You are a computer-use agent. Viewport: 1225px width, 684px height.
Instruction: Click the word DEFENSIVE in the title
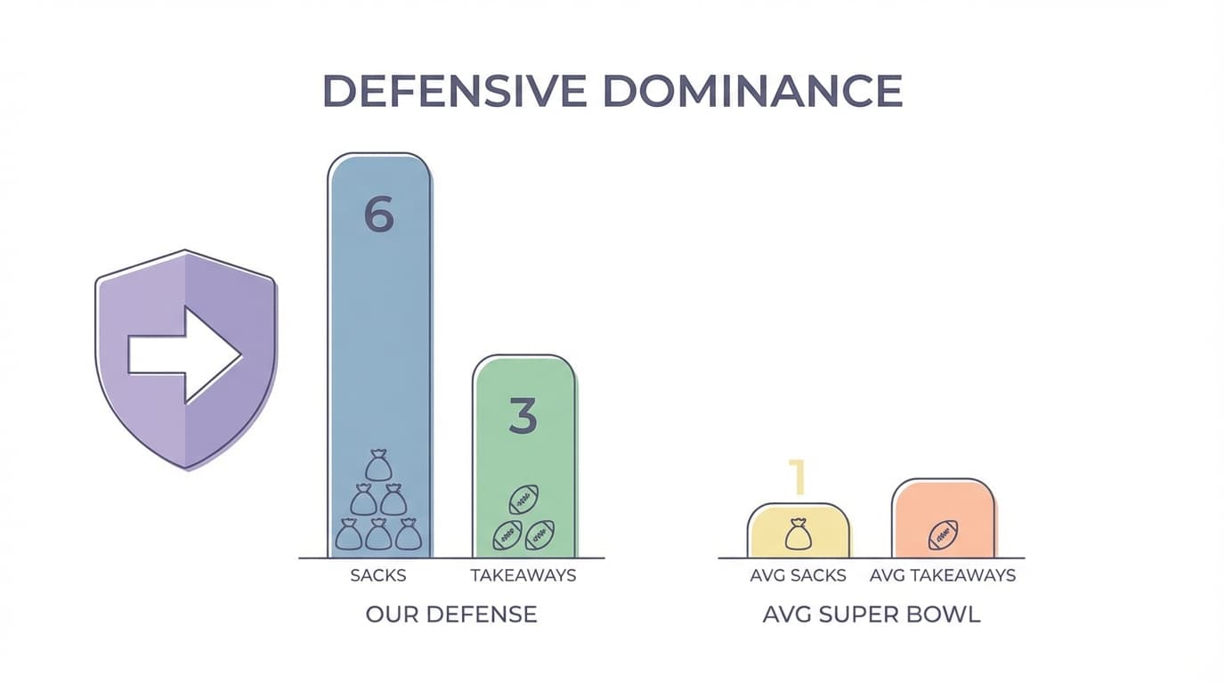point(454,91)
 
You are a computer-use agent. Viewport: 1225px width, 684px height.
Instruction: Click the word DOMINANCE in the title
point(752,91)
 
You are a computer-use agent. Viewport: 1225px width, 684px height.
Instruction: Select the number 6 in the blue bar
point(379,215)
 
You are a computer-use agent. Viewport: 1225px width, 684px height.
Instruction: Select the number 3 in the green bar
point(523,416)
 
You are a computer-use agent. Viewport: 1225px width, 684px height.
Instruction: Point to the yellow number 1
point(798,477)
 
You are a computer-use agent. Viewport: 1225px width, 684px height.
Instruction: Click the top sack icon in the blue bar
point(378,466)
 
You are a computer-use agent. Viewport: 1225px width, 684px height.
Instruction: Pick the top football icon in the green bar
point(523,500)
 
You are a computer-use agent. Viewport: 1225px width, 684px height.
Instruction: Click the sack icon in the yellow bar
point(798,534)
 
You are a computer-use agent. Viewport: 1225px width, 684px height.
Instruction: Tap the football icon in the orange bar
point(943,535)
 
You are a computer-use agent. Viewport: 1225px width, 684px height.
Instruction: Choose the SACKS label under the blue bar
point(378,575)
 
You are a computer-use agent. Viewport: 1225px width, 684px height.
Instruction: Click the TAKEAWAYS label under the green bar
point(523,575)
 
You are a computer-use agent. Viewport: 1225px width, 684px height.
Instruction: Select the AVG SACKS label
point(798,575)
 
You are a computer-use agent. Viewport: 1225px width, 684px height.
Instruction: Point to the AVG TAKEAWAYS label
point(943,575)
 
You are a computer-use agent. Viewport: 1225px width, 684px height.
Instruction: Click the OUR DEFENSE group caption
point(451,615)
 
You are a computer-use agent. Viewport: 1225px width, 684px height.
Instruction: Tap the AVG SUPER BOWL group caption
point(872,615)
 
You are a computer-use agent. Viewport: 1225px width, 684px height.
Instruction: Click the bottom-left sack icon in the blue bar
point(349,534)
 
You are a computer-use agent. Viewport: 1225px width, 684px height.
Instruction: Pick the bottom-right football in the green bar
point(539,534)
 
